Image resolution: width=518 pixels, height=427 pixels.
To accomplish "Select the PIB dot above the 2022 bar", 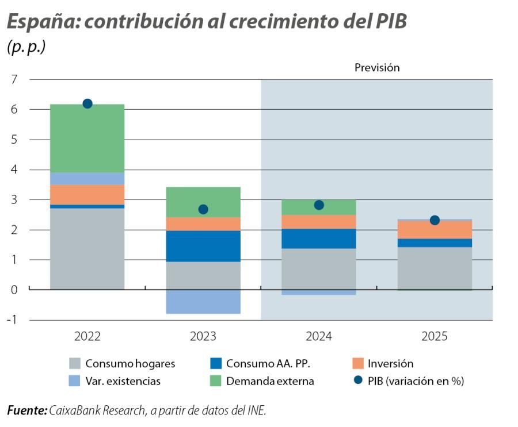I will click(x=87, y=103).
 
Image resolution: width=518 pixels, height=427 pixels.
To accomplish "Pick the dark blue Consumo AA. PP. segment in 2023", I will click(x=203, y=246).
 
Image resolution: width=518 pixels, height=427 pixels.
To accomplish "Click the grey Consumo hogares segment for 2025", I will click(x=435, y=268).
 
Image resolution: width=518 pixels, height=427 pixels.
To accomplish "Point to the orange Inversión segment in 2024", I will click(x=319, y=222).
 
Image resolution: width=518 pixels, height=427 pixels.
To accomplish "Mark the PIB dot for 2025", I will click(x=435, y=220).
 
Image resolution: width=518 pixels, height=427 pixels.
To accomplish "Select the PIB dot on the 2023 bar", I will click(x=203, y=209).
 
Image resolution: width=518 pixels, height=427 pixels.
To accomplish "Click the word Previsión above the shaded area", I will click(x=376, y=68).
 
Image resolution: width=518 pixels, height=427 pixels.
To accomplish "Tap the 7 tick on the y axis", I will click(x=14, y=79).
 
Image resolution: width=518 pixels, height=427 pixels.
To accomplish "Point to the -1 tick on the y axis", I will click(x=12, y=320).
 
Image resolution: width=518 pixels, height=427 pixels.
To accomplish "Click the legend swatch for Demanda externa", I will click(x=216, y=381).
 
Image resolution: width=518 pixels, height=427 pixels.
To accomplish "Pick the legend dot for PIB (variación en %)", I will click(x=358, y=381).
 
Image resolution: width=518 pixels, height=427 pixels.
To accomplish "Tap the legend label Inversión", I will click(x=390, y=364).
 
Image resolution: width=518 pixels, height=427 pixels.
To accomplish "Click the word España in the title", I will click(x=38, y=22).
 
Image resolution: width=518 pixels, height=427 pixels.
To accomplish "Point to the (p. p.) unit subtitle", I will click(x=26, y=47).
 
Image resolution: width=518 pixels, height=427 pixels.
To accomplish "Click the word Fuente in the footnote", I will click(x=26, y=410).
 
